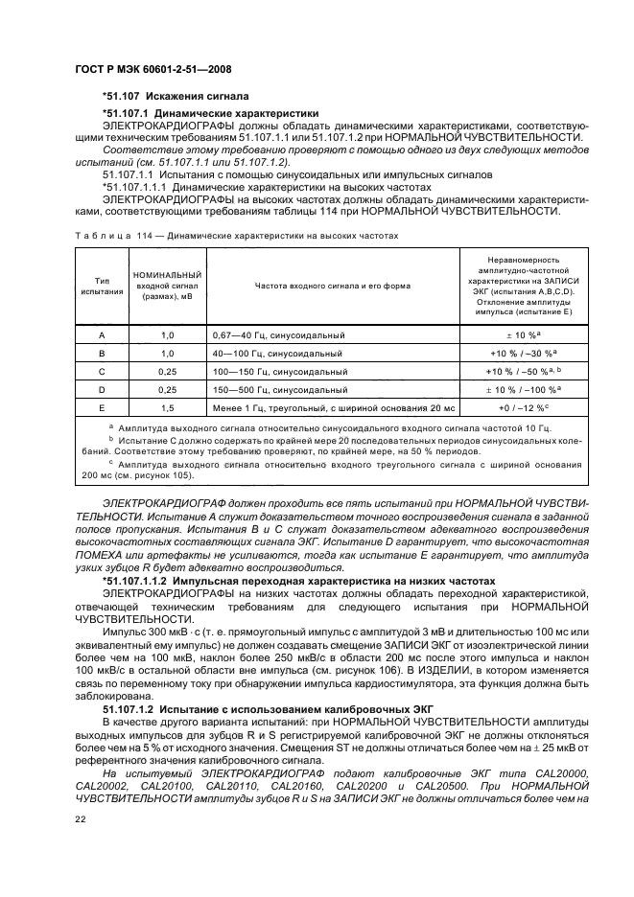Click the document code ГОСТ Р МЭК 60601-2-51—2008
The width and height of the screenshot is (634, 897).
pyautogui.click(x=153, y=70)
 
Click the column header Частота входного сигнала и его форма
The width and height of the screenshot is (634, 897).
pyautogui.click(x=333, y=286)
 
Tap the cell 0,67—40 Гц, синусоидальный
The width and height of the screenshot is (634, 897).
pyautogui.click(x=277, y=336)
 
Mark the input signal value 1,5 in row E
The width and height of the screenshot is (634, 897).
pyautogui.click(x=168, y=407)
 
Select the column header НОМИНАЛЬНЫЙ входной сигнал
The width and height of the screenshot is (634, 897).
pyautogui.click(x=168, y=286)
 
